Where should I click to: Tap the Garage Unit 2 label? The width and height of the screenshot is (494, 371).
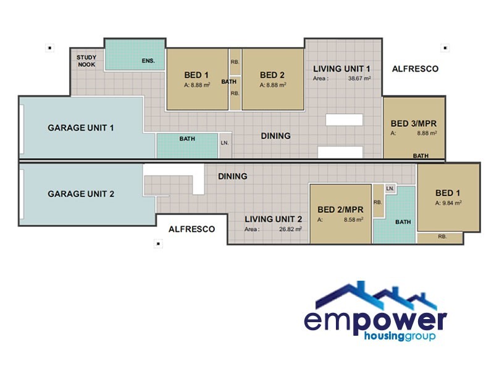pos(81,194)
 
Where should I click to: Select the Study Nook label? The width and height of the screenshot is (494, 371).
pos(86,60)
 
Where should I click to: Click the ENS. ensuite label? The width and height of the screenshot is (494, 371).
pos(148,61)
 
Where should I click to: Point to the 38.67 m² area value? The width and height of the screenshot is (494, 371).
pos(359,79)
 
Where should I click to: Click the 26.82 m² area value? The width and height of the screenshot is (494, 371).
pos(290,229)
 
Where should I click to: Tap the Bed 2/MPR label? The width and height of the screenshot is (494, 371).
pos(340,210)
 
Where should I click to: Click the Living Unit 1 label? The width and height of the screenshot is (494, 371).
pos(341,69)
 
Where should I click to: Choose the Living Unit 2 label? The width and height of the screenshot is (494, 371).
pos(273,219)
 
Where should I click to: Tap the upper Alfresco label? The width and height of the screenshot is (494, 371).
pos(415,69)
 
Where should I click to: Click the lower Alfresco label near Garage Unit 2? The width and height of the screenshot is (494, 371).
pos(191,229)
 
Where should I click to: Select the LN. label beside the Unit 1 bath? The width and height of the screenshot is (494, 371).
pos(224,143)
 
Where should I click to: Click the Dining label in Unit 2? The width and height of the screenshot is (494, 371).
pos(233,176)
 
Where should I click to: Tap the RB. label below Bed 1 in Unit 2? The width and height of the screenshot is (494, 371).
pos(442,237)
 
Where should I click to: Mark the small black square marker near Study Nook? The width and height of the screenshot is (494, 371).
pos(50,47)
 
